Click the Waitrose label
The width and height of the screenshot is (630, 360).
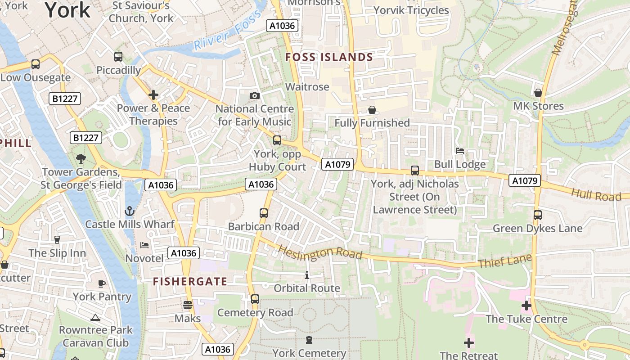[307, 87]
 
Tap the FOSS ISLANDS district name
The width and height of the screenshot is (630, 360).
[329, 57]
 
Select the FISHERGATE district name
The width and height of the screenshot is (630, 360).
[190, 282]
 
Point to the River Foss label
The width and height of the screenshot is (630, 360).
[227, 31]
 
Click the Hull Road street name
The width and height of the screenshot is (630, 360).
[596, 195]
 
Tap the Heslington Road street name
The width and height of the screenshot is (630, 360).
[319, 252]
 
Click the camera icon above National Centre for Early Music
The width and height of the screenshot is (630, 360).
[254, 95]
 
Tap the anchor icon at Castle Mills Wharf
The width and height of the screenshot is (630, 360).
[130, 211]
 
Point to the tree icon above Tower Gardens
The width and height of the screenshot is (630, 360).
[81, 158]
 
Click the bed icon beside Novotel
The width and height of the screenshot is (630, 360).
[144, 245]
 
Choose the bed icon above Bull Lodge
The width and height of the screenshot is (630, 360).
[460, 150]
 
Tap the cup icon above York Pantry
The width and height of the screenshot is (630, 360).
[102, 283]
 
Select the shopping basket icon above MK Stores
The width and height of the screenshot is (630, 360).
[538, 93]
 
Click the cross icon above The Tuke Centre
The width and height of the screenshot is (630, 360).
[526, 306]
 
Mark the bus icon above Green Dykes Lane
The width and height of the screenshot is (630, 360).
[537, 215]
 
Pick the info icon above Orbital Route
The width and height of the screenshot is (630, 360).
[307, 274]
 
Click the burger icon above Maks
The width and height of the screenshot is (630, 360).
[188, 305]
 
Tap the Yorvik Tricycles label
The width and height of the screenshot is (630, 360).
[412, 10]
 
